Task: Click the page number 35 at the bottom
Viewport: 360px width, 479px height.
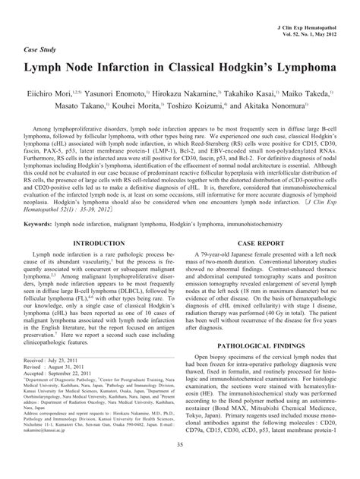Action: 179,467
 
